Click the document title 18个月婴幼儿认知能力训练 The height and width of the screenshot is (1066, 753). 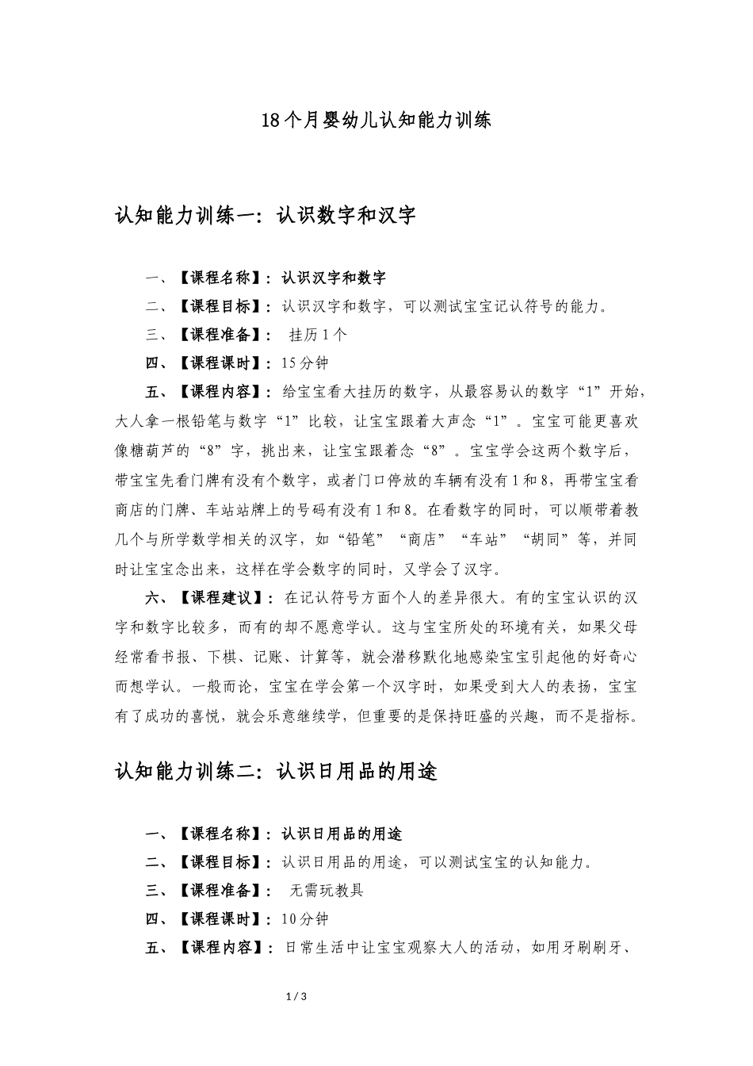click(x=376, y=121)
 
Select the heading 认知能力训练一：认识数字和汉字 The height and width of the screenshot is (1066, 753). click(x=266, y=216)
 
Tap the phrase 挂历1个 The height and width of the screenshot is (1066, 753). click(x=319, y=335)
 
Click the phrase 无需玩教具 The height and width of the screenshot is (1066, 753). click(x=327, y=891)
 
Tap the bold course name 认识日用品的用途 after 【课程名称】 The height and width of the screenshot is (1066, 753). click(x=342, y=834)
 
